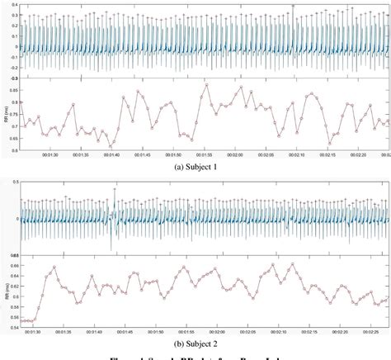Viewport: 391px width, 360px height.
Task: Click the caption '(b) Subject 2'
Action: [195, 342]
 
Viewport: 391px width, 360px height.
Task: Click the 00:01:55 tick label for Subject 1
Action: [205, 154]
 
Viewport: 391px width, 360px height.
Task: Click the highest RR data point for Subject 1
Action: [206, 84]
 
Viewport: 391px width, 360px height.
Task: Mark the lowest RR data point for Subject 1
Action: [111, 146]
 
